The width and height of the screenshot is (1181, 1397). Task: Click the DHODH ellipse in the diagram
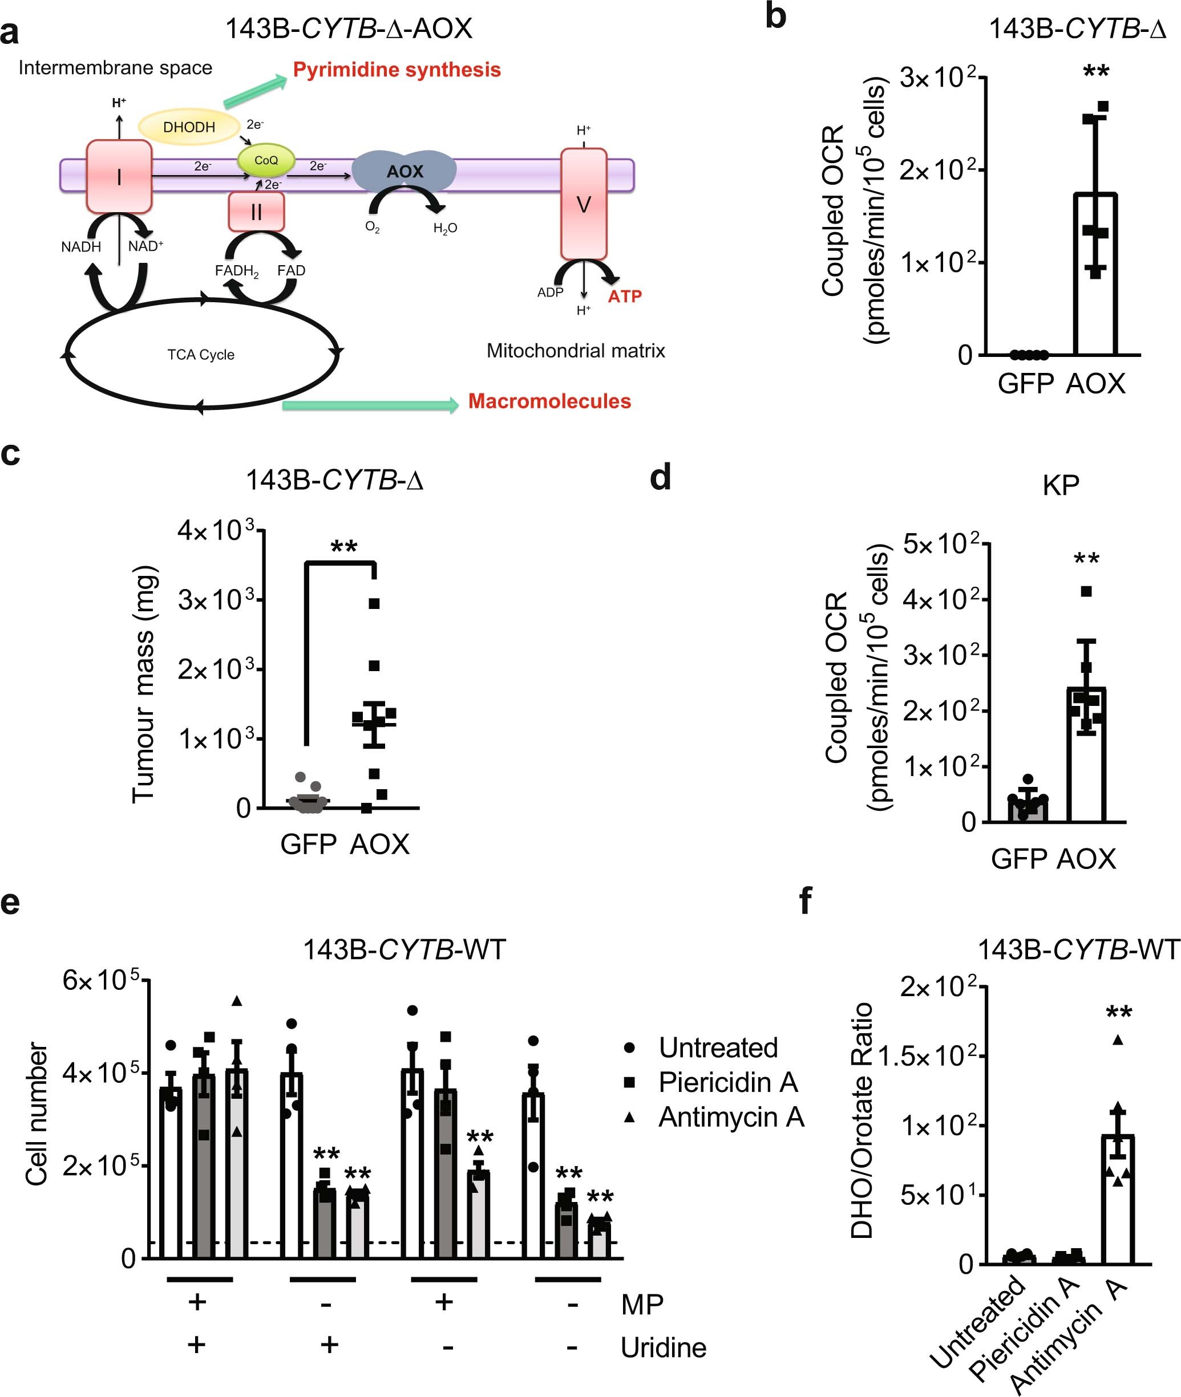(x=189, y=127)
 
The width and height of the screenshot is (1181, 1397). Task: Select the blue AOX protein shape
(x=405, y=171)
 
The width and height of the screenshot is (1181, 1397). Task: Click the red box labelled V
(x=583, y=204)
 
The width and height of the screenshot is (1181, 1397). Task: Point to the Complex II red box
(x=256, y=212)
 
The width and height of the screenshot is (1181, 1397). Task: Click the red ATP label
(x=624, y=297)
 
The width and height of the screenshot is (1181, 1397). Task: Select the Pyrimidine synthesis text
(x=397, y=70)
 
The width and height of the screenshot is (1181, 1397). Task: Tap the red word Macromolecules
(x=549, y=401)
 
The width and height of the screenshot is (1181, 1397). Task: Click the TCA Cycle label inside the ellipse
(x=201, y=355)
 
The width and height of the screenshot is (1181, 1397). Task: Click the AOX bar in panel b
(x=1095, y=274)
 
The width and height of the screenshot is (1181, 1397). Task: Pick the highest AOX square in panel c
(x=374, y=603)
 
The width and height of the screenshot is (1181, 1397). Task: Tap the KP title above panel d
(x=1061, y=485)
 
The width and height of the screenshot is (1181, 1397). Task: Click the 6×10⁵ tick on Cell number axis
(x=100, y=981)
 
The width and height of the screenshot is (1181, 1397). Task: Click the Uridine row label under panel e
(x=663, y=1347)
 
